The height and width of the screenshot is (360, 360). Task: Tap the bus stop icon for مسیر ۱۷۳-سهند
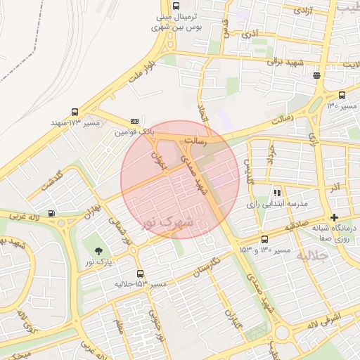75,112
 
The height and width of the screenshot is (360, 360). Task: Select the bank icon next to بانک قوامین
134,121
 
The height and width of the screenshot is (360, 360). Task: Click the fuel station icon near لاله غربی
51,214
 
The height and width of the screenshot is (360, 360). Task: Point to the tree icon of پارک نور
98,251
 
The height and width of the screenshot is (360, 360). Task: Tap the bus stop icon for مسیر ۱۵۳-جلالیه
140,274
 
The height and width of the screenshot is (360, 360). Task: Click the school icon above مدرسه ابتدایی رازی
278,192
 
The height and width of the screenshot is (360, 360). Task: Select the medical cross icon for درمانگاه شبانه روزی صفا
335,217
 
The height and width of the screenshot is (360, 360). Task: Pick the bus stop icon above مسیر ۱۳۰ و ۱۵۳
264,239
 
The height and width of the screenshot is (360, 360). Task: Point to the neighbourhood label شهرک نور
166,223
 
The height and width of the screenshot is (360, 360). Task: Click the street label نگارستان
207,269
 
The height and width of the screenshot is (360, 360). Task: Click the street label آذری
250,33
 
